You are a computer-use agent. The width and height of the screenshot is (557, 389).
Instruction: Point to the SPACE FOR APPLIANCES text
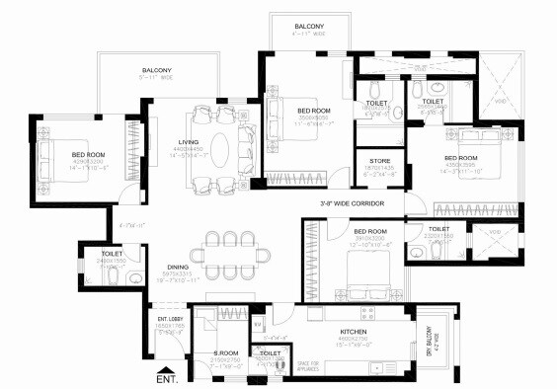[286, 367]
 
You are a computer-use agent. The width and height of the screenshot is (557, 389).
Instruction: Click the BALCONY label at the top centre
[308, 26]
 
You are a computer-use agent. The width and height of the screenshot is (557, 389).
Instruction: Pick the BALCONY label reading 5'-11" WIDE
[155, 70]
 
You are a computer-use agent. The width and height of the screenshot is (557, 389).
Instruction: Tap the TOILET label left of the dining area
[113, 254]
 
